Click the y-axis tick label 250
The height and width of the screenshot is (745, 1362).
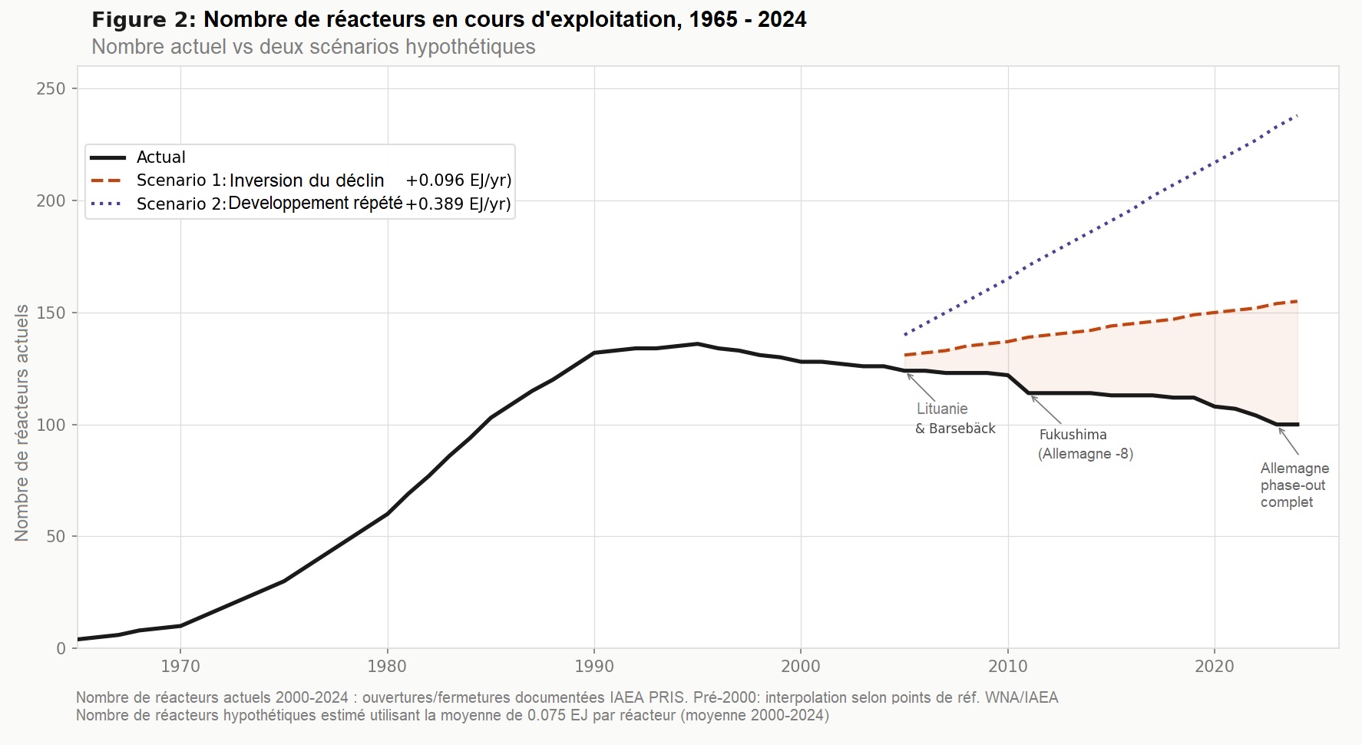click(51, 89)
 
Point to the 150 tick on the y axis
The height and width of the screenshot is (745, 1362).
click(51, 313)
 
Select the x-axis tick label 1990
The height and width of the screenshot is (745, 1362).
click(594, 667)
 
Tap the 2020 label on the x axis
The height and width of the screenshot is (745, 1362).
click(1215, 667)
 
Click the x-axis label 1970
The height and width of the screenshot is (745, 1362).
click(180, 667)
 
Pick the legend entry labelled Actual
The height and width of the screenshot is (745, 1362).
click(160, 157)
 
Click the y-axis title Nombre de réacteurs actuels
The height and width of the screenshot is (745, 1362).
click(21, 422)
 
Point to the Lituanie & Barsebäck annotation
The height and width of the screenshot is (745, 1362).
click(954, 419)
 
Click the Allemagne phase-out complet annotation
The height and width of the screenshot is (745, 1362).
click(1294, 485)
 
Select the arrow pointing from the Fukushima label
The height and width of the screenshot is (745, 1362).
click(1046, 409)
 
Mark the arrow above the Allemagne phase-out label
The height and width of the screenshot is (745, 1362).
click(1288, 442)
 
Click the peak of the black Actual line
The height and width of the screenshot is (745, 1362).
click(697, 343)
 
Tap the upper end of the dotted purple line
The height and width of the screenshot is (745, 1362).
click(1297, 115)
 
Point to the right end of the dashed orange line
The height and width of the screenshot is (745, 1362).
click(1297, 301)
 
